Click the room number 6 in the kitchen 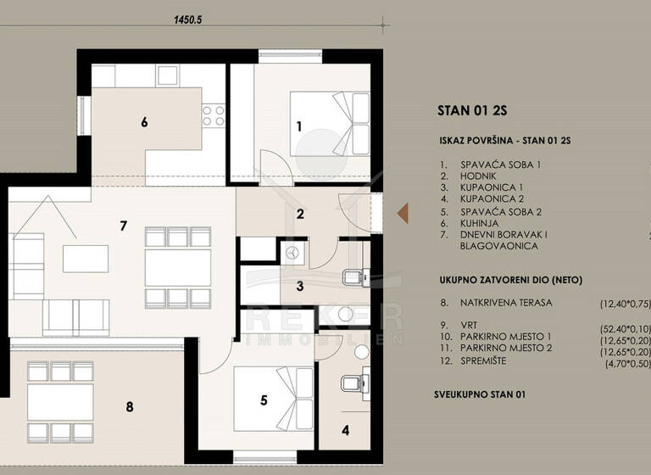coord(144,122)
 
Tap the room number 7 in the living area coord(124,226)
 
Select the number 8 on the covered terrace coord(129,407)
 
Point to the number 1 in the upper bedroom coord(298,126)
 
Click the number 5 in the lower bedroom coord(264,400)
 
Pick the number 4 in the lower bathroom coord(346,429)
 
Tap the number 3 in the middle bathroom coord(299,286)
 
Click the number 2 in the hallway coord(299,214)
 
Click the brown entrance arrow coord(403,211)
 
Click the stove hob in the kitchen coord(213,115)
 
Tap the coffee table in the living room coord(86,258)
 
